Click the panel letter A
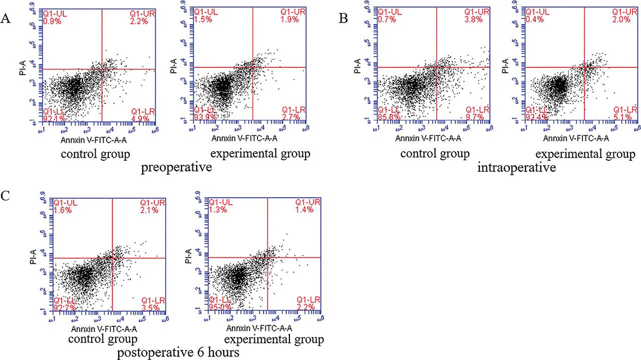tap(6, 19)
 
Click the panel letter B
tap(344, 19)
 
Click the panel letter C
tap(6, 195)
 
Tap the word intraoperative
tap(517, 168)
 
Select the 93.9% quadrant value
tap(204, 117)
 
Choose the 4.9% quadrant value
tap(141, 118)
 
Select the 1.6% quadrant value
tap(63, 210)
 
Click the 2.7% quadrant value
tap(290, 117)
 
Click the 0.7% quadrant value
tap(386, 20)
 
